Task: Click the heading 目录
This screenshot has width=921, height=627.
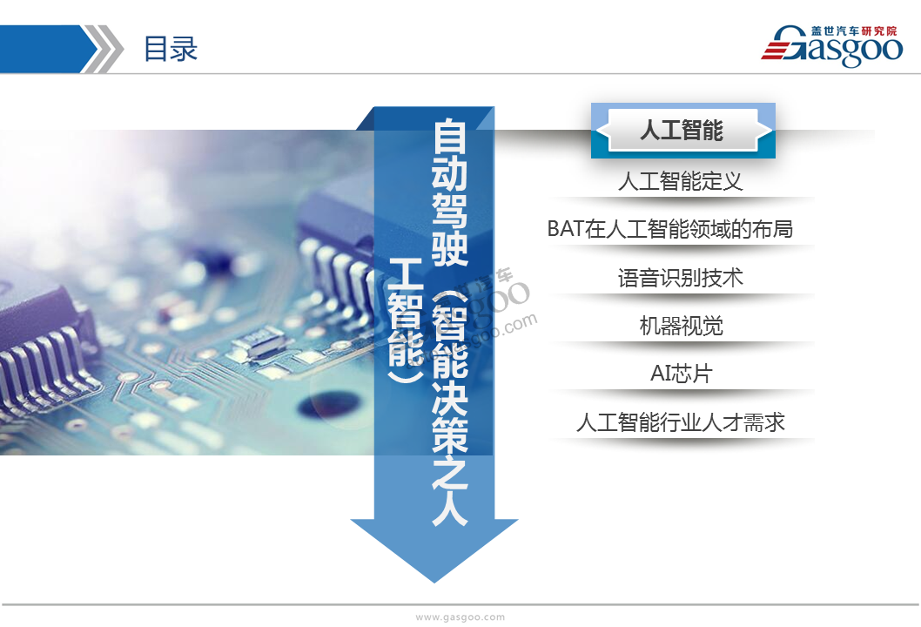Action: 171,49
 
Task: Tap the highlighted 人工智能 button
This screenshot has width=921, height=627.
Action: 682,130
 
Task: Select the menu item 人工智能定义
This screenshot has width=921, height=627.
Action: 680,181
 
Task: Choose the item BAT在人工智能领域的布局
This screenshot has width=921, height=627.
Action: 669,229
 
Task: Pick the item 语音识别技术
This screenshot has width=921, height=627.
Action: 680,278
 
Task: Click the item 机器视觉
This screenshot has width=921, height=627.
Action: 681,326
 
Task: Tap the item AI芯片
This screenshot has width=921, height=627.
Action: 682,374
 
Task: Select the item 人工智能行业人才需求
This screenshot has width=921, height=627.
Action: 680,422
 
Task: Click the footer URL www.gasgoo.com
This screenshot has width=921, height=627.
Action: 460,617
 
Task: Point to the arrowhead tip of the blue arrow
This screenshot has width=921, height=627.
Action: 434,583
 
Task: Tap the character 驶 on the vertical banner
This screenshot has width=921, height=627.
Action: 450,247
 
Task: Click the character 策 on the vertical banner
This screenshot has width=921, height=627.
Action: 450,434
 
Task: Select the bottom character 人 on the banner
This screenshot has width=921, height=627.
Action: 450,508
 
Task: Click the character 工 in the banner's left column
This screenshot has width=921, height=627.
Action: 406,273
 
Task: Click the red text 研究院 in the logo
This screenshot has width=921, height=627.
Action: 879,31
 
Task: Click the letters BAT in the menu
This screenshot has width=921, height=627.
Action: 566,229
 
